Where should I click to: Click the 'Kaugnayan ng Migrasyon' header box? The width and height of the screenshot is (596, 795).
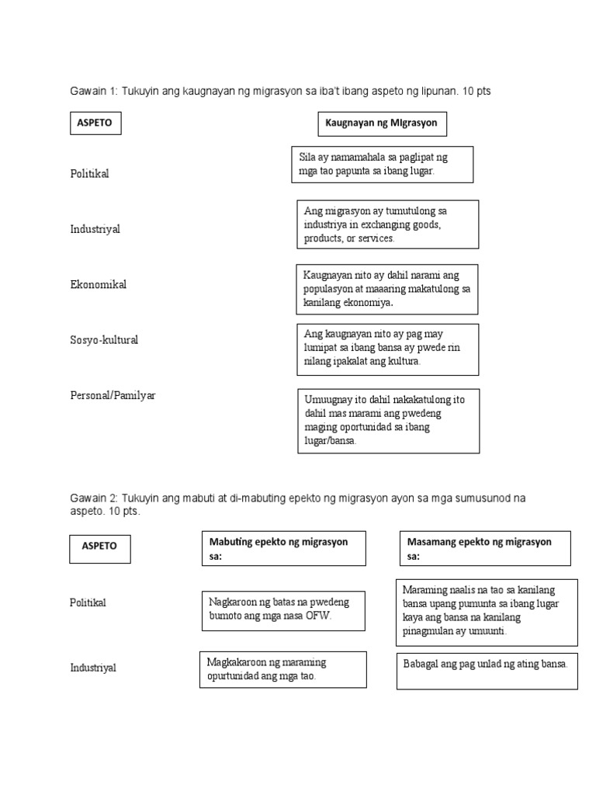coord(382,123)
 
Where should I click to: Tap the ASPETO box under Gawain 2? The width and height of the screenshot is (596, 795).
coord(99,546)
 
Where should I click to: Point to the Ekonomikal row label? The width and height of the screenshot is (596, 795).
coord(98,284)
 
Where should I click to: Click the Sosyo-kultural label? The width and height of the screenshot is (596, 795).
coord(104,340)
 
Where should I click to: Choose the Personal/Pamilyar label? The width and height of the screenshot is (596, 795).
coord(113,395)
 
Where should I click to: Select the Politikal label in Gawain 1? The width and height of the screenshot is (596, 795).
coord(89,173)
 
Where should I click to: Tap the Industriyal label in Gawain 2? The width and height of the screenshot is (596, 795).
coord(95,668)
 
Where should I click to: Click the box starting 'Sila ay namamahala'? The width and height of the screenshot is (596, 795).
coord(382,164)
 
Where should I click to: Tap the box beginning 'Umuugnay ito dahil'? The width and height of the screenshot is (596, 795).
coord(388,420)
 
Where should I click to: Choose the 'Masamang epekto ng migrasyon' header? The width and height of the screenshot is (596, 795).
coord(485,548)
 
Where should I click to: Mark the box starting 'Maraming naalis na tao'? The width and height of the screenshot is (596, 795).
coord(487,611)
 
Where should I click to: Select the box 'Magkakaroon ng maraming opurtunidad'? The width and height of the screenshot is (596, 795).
coord(282,669)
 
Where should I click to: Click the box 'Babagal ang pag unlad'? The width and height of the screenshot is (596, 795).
coord(487,669)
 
